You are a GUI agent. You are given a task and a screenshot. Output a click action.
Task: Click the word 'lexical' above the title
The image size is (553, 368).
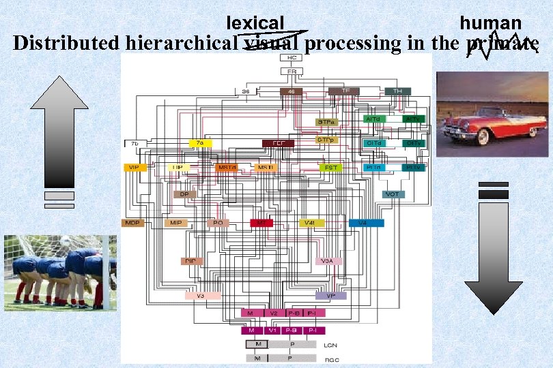point(255,23)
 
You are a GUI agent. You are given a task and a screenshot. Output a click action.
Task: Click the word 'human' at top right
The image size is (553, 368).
point(490,23)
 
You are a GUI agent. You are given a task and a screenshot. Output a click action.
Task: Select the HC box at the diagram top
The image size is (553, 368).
point(292,58)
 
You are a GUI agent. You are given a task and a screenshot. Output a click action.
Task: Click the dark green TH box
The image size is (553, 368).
point(397,91)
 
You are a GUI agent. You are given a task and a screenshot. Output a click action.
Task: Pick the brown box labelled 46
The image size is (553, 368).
point(291,91)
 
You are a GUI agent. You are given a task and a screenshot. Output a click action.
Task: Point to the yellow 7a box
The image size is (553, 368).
point(200,143)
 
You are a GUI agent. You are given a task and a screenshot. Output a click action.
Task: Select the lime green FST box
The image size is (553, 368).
point(331,167)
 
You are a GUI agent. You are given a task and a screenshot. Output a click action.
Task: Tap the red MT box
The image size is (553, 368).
point(261,223)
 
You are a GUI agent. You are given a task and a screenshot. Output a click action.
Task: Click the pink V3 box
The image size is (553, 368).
point(200,296)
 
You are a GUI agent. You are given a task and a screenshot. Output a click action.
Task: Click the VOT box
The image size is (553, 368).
point(393,194)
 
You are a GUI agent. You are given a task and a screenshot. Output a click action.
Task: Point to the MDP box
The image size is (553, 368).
point(132,223)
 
